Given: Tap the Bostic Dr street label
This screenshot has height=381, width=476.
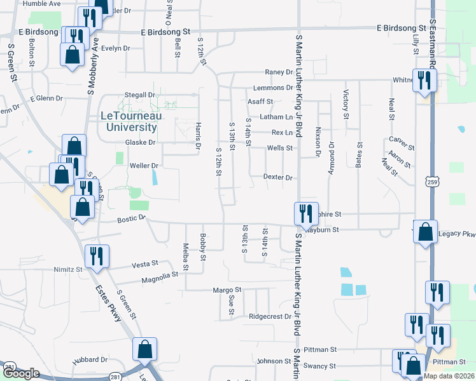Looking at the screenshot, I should [x=132, y=218].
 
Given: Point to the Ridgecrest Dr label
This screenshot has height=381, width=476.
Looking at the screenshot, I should [x=270, y=316].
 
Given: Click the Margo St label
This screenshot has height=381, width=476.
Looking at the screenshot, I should [x=228, y=290].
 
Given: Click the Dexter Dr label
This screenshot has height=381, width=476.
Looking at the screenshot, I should [x=277, y=178].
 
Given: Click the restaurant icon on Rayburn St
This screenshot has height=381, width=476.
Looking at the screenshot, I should [x=305, y=213].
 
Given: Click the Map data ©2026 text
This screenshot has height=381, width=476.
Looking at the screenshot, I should [x=449, y=376].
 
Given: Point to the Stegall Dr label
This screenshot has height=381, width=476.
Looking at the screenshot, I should [x=140, y=95].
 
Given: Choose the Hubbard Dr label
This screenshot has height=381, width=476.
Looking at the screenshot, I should [x=88, y=359].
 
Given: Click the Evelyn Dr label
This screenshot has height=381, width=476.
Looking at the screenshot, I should [x=115, y=48].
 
